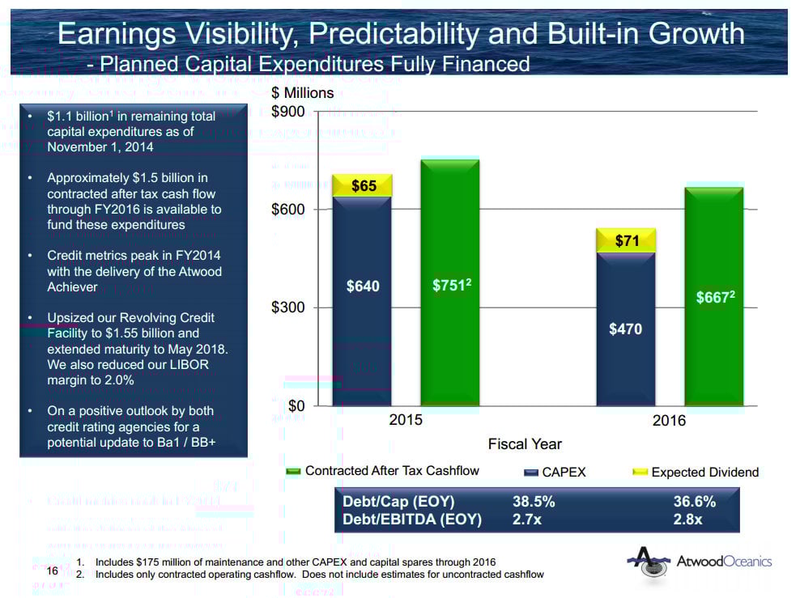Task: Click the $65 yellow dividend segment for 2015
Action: tap(363, 185)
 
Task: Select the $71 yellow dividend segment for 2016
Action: tap(626, 240)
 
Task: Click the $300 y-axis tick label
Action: tap(288, 308)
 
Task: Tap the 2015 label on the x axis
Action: tap(406, 421)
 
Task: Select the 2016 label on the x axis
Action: tap(669, 421)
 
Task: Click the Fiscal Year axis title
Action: tap(525, 443)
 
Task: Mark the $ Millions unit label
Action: tap(302, 93)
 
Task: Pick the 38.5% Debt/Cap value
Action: tap(534, 501)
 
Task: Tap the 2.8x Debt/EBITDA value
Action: tap(687, 520)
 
